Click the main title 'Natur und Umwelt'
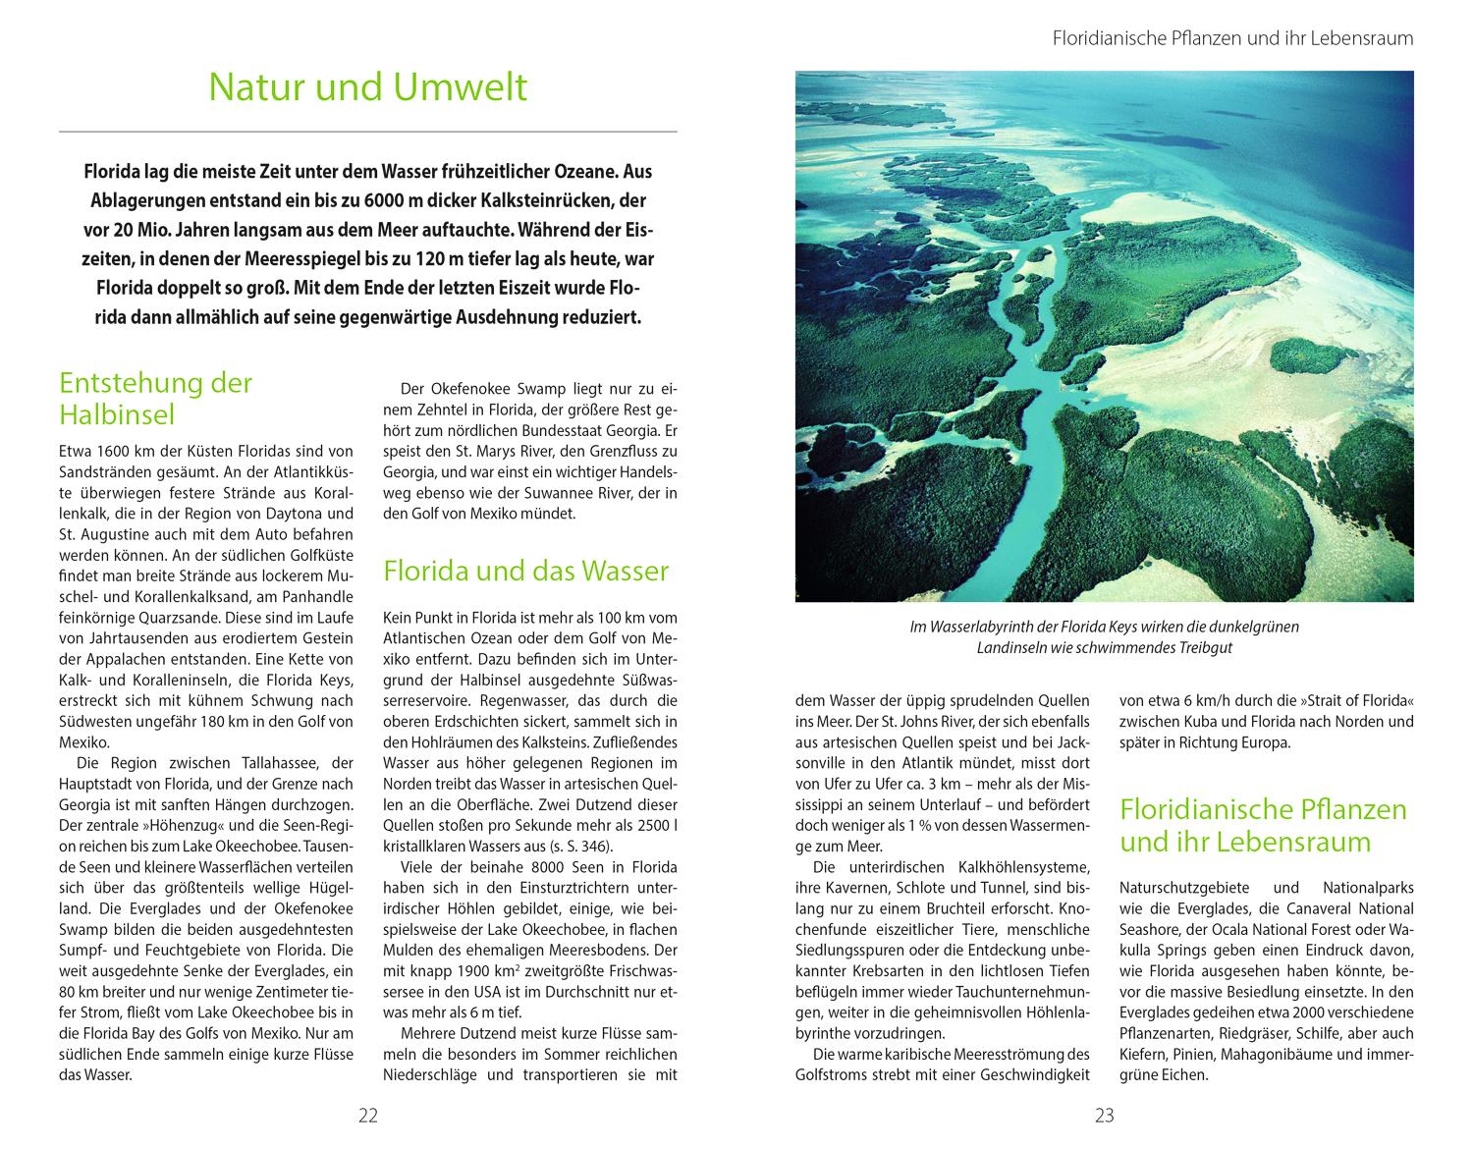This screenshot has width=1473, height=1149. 368,87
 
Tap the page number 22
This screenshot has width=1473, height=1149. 368,1115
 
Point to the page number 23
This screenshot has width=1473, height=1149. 1105,1115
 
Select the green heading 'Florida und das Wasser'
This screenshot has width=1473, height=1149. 526,571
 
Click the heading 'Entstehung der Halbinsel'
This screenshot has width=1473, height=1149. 156,399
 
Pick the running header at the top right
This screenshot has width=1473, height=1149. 1232,39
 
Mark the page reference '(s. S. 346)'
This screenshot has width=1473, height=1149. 577,846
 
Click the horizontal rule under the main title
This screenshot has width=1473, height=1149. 368,131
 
